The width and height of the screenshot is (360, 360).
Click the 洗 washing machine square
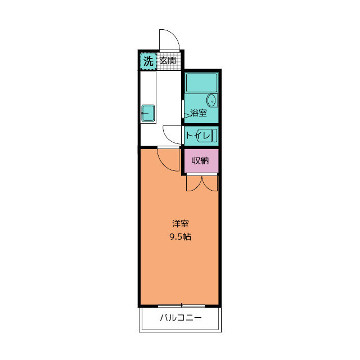point(147,61)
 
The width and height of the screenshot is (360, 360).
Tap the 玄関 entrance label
point(168,61)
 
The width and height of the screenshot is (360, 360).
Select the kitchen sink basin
point(148,113)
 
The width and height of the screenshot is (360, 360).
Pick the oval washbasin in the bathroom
point(211,101)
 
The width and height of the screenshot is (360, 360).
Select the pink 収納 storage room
point(201,161)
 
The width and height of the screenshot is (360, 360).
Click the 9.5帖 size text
point(180,237)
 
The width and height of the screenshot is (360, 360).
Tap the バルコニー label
point(180,318)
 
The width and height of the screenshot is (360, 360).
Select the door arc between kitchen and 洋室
point(168,159)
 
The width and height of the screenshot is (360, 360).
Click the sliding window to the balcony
point(180,305)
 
